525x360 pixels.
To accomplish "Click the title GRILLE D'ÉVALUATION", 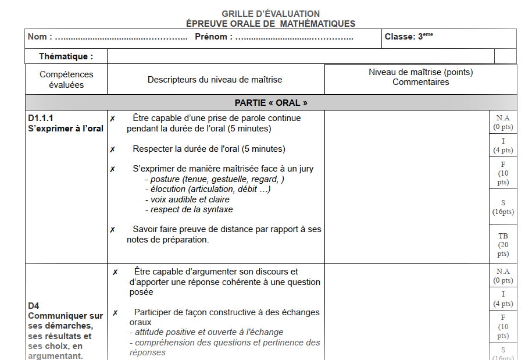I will pyautogui.click(x=270, y=13).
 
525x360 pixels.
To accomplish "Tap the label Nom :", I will pyautogui.click(x=40, y=37).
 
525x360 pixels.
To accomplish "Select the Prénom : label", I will pyautogui.click(x=213, y=37).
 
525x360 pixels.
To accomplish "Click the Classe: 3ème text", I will pyautogui.click(x=409, y=37).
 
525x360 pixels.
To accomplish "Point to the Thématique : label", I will pyautogui.click(x=66, y=56).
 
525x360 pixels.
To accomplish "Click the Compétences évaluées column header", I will pyautogui.click(x=66, y=80).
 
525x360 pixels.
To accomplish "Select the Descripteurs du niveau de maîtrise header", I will pyautogui.click(x=215, y=80).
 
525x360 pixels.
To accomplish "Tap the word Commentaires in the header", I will pyautogui.click(x=420, y=82).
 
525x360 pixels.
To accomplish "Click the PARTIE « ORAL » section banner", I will pyautogui.click(x=270, y=102).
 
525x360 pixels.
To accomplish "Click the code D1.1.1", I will pyautogui.click(x=41, y=118).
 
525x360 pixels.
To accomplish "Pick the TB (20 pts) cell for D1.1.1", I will pyautogui.click(x=503, y=244).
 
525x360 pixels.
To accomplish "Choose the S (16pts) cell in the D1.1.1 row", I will pyautogui.click(x=503, y=207).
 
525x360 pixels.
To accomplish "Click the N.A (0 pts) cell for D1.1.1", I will pyautogui.click(x=503, y=122).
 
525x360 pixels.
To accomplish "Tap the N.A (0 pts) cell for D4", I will pyautogui.click(x=503, y=276).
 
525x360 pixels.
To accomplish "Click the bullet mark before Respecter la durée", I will pyautogui.click(x=113, y=149).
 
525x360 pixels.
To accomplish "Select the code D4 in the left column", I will pyautogui.click(x=34, y=305).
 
